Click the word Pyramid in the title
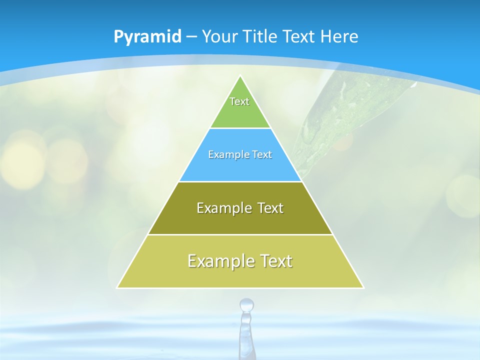[147, 36]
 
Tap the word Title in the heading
[259, 36]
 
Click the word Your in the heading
[220, 36]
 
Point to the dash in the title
[191, 37]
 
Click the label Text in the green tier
[239, 101]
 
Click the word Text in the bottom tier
[275, 261]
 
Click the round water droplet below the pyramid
[246, 304]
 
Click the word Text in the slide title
[298, 36]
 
